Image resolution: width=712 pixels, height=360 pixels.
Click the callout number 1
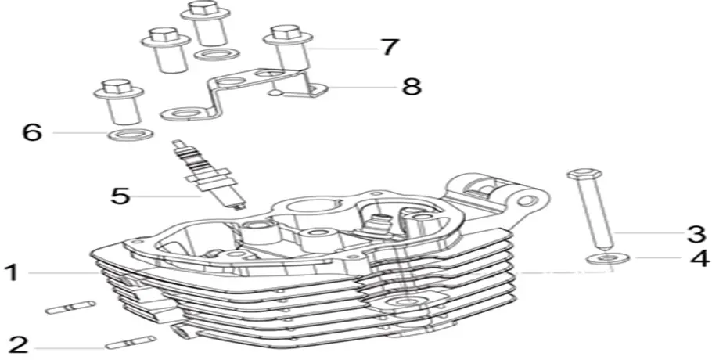coord(11,273)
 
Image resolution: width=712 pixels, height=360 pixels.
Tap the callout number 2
coord(18,345)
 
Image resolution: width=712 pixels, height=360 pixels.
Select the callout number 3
coord(696,234)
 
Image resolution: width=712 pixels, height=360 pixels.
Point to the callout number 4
coord(699,258)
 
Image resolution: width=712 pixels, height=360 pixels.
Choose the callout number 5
coord(120,196)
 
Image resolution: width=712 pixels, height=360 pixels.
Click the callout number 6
coord(33,132)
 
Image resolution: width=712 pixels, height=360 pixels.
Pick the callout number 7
coord(389,47)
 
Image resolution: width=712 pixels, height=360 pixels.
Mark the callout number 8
coord(412,86)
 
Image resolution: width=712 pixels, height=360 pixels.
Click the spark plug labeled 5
coord(210,175)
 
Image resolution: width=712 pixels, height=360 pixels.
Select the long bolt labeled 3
coord(590,209)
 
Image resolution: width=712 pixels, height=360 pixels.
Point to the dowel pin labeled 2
coord(131,342)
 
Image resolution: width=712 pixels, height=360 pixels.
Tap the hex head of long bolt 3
coord(584,174)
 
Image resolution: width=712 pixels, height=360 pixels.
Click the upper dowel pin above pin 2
coord(71,308)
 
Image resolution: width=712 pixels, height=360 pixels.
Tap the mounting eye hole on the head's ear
coord(525,200)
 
